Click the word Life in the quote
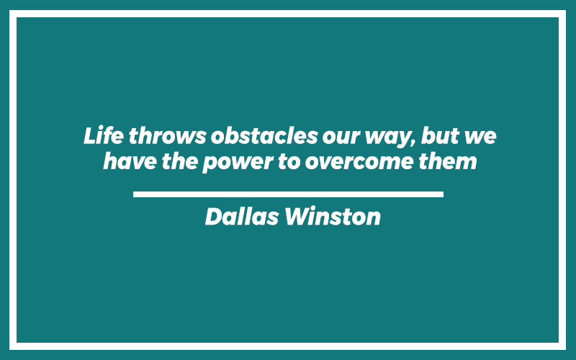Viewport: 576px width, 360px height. click(x=104, y=135)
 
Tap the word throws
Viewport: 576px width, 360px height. click(x=168, y=135)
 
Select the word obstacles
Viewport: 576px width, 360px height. click(x=264, y=135)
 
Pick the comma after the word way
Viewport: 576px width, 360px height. click(x=415, y=143)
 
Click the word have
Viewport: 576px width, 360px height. click(x=130, y=161)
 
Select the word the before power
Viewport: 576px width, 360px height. click(x=180, y=161)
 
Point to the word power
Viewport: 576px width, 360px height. click(x=238, y=163)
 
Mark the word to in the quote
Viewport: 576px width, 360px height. click(x=289, y=161)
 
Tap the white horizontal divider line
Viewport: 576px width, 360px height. click(x=289, y=194)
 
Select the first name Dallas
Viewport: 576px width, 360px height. click(x=242, y=216)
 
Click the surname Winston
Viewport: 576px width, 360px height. click(x=333, y=216)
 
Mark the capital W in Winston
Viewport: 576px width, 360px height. click(x=297, y=217)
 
